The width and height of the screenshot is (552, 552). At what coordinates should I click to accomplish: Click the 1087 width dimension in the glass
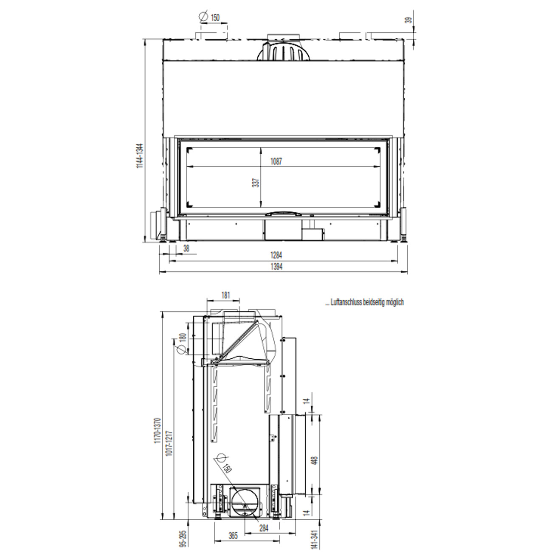coord(276,161)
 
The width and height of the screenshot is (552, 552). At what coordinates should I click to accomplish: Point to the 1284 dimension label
coord(277,255)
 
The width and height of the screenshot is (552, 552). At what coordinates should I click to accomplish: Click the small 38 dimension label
coord(186,248)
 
